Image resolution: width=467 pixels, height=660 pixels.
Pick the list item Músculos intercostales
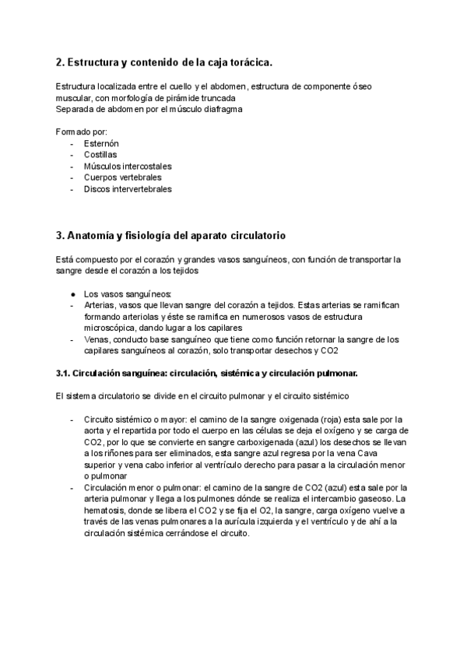pos(128,166)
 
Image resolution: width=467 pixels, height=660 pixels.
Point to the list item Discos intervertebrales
pos(128,188)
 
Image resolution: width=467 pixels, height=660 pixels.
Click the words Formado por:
pos(82,132)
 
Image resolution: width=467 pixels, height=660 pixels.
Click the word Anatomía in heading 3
pos(92,234)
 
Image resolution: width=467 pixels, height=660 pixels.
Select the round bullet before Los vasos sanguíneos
pos(72,295)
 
